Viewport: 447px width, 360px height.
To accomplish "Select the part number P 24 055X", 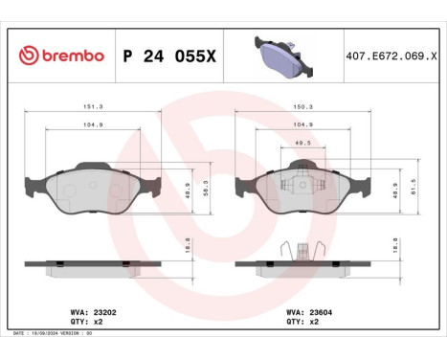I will point(170,56).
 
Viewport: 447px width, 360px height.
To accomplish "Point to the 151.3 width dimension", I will point(93,108).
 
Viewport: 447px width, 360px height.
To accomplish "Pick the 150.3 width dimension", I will point(303,108).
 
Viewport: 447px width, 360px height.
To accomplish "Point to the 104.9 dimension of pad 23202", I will point(93,124).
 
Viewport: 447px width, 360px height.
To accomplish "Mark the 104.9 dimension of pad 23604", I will point(303,124).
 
